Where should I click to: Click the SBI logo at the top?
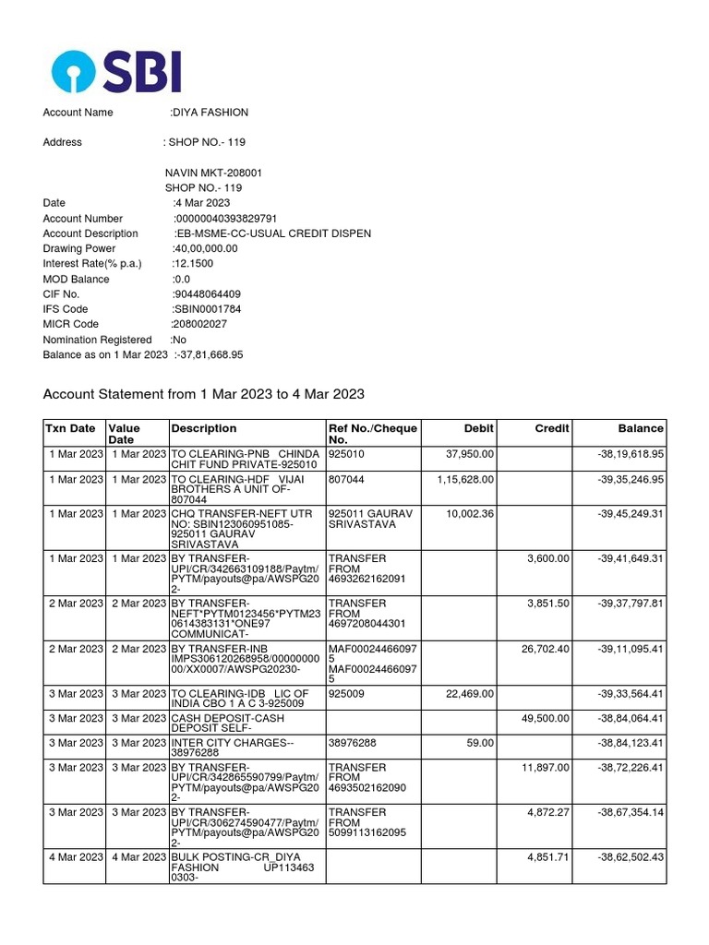116,71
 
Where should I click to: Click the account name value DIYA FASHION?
210,113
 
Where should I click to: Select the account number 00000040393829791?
225,219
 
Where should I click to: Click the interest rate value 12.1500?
193,264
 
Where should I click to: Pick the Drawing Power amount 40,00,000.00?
205,248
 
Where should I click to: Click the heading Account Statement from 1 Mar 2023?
204,394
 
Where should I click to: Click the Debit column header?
479,428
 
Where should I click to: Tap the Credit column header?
552,428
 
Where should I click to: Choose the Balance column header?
641,428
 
